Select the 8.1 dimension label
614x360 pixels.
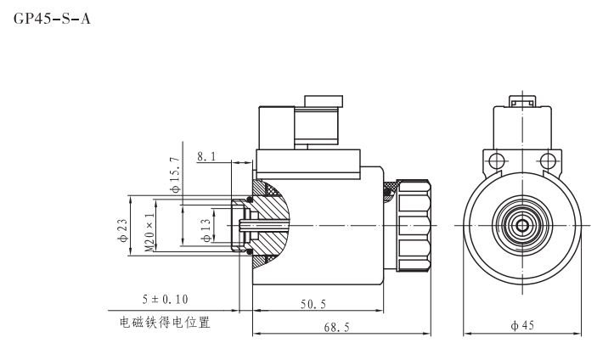click(x=206, y=157)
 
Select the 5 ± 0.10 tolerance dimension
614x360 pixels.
click(x=165, y=299)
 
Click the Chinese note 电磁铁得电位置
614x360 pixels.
click(x=165, y=323)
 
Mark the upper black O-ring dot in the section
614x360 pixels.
click(x=250, y=200)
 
